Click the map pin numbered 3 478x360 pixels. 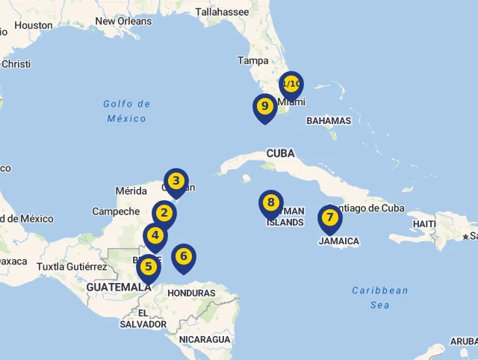coord(176,181)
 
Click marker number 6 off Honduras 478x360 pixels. coord(184,257)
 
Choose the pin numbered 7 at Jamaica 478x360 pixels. coord(329,218)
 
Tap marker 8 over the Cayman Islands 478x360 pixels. coord(271,203)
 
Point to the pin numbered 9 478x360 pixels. coord(264,107)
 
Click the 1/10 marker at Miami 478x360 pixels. coord(291,84)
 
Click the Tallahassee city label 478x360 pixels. coord(222,11)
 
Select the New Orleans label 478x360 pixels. coord(123,21)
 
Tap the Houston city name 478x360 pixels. coord(34,25)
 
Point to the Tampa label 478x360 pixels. coord(252,60)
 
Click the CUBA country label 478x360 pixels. coord(281,153)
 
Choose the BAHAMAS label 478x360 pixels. coord(329,120)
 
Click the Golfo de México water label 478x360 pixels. coord(127,111)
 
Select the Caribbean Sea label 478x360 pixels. coord(380,297)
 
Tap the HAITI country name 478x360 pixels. coord(424,223)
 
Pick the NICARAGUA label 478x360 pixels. coord(205,339)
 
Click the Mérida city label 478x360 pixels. coord(131,191)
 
